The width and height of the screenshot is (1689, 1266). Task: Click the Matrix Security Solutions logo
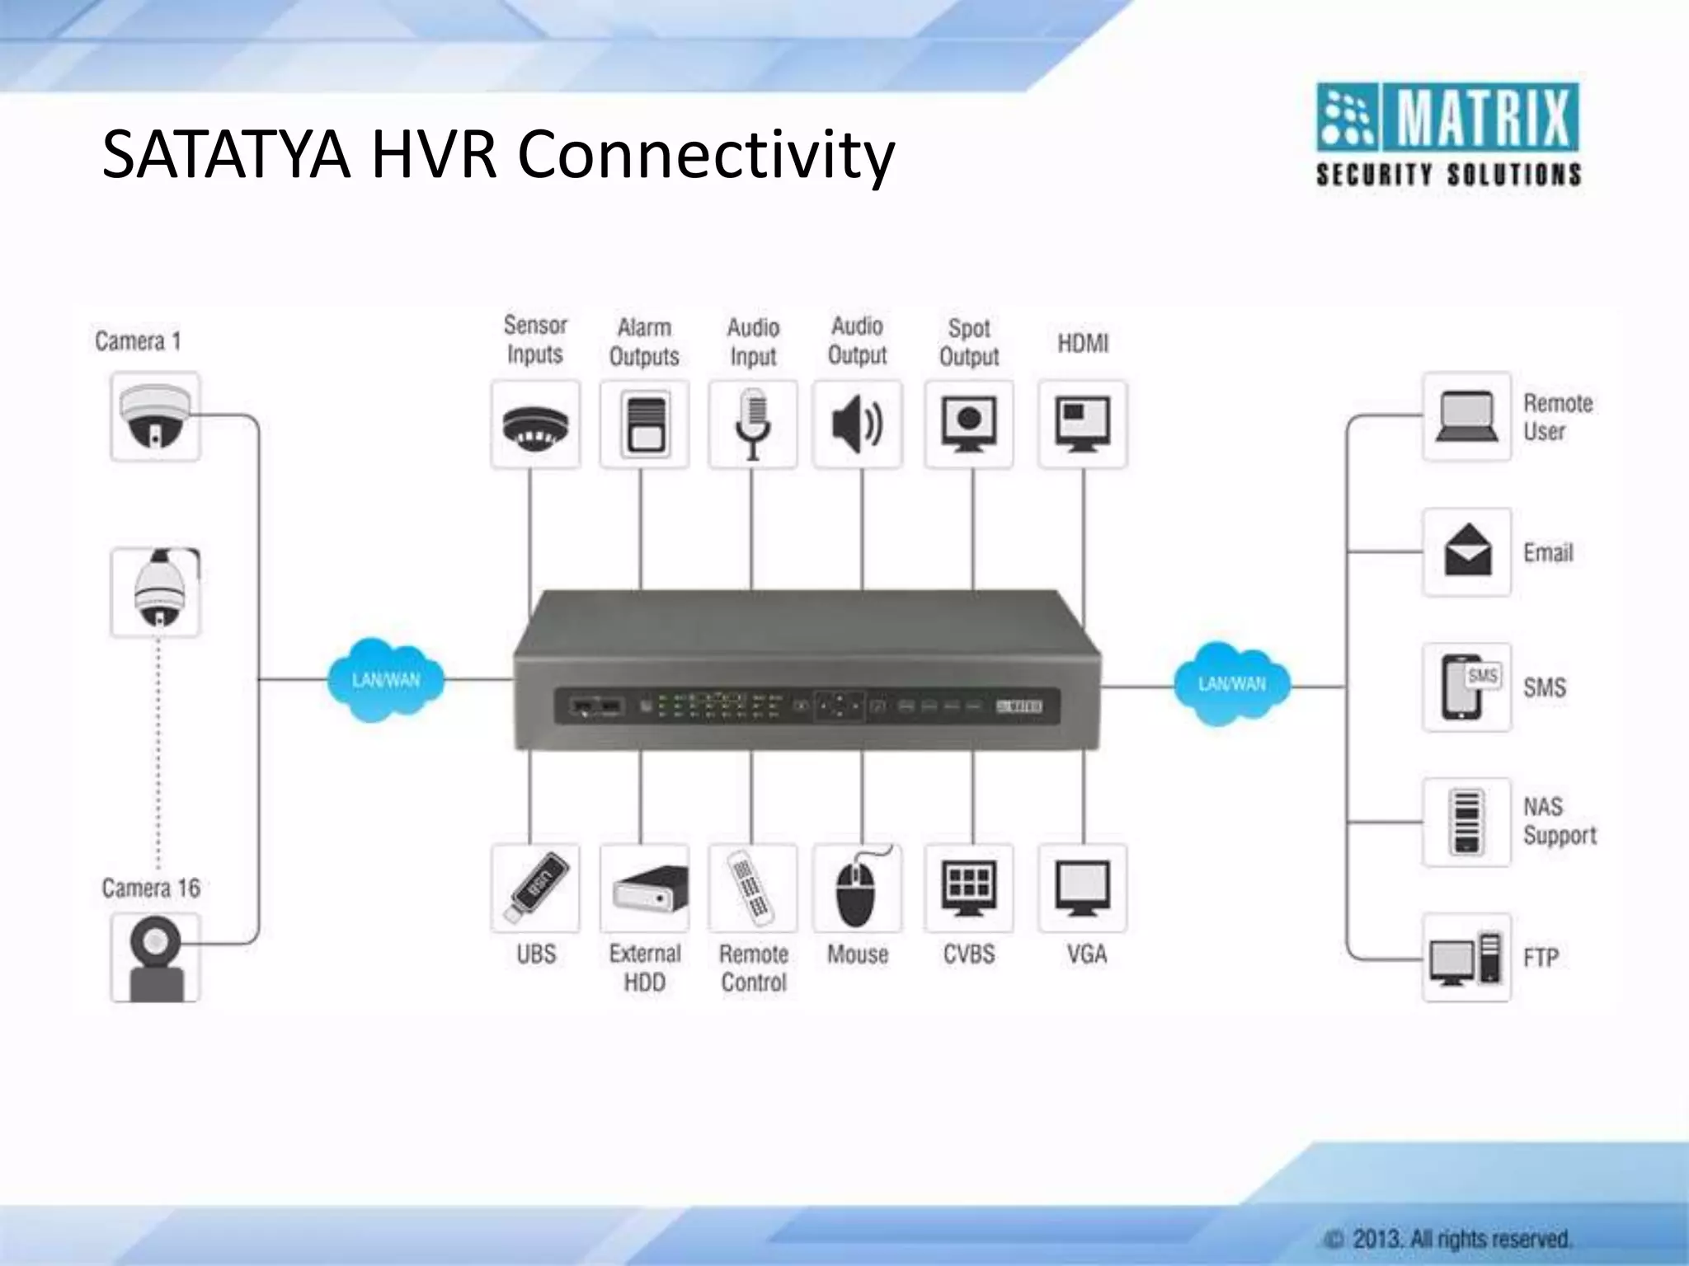tap(1448, 134)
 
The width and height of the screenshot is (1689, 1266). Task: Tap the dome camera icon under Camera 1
tap(155, 417)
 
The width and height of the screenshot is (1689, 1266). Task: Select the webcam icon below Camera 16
tap(155, 958)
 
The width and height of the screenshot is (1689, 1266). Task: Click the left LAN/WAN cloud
tap(386, 679)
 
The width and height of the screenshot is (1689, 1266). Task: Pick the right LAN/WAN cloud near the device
tap(1232, 683)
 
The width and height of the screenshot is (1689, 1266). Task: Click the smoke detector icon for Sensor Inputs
tap(535, 424)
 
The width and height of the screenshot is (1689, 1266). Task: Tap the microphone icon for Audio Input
tap(752, 424)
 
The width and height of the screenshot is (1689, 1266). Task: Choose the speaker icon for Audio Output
tap(858, 424)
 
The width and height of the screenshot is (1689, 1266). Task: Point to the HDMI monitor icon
tap(1083, 424)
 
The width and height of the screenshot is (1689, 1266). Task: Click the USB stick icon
tap(535, 889)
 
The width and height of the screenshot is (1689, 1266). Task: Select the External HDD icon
tap(645, 889)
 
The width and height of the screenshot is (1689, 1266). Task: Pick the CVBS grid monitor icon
tap(969, 889)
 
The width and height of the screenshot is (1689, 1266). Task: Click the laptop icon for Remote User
tap(1466, 417)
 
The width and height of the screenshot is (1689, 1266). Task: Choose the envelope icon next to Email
tap(1466, 551)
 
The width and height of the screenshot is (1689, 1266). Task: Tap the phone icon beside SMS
tap(1466, 687)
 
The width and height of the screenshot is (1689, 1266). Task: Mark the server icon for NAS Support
tap(1466, 822)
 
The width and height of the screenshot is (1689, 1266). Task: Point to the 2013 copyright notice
tap(1448, 1238)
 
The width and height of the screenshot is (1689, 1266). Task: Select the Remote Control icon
tap(752, 889)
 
